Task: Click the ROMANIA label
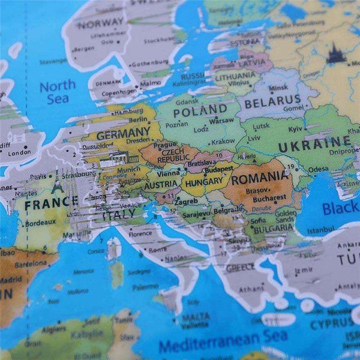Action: [259, 178]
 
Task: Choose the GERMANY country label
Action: [124, 133]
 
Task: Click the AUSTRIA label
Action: [160, 184]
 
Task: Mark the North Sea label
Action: [57, 92]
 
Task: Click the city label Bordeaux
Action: [40, 221]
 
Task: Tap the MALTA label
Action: [196, 316]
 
